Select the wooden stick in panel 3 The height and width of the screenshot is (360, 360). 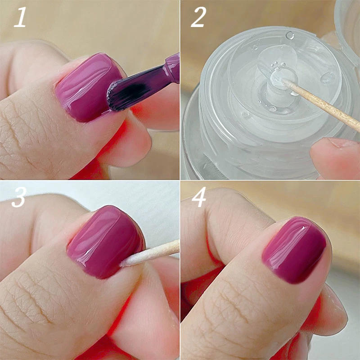[162, 250]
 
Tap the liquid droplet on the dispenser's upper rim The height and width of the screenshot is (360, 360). [290, 35]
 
